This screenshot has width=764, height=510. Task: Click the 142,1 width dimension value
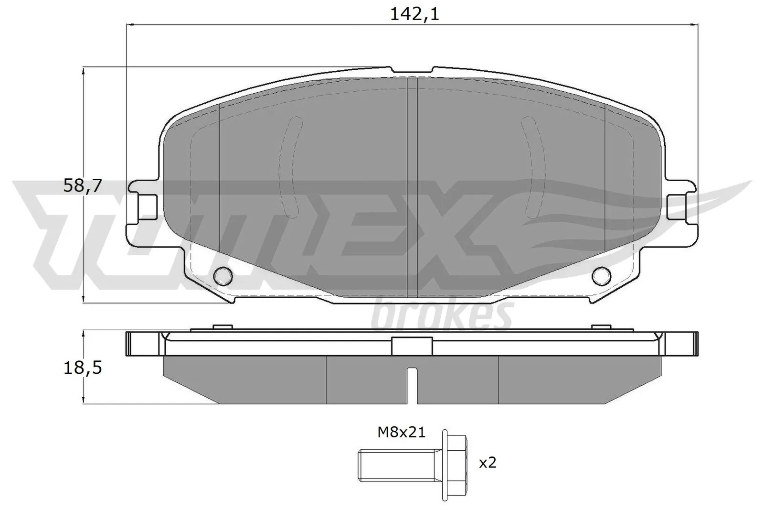tap(414, 14)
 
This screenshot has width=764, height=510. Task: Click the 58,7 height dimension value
tap(83, 185)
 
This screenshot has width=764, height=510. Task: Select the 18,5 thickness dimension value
tap(83, 368)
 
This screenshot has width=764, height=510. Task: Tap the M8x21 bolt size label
tap(401, 433)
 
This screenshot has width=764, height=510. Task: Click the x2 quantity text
tap(487, 463)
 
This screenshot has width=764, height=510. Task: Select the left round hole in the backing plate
tap(223, 275)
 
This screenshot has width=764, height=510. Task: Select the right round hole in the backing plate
tap(601, 275)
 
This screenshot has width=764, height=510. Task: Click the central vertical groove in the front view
tap(412, 186)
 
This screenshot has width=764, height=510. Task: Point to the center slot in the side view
tap(412, 385)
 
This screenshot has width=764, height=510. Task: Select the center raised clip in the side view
tap(412, 346)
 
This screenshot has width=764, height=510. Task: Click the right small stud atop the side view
tap(601, 327)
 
